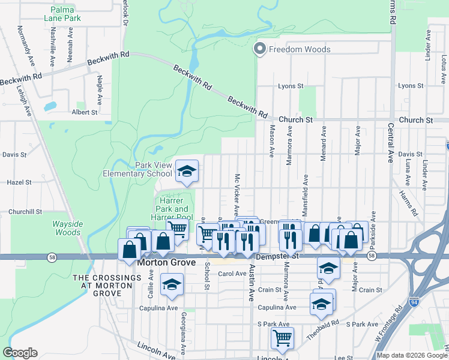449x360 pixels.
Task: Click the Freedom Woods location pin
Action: point(260,49)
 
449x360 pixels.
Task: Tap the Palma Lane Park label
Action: point(66,14)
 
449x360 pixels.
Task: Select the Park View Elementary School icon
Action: point(187,172)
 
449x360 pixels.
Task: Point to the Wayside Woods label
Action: point(63,228)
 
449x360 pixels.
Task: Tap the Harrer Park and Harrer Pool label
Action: point(175,209)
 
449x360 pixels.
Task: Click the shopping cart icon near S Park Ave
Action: point(282,337)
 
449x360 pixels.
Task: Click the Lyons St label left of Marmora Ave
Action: point(291,86)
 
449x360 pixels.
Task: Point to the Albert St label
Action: point(84,112)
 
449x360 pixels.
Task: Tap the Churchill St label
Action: point(25,212)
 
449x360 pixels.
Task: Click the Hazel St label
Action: point(18,182)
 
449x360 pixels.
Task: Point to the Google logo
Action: point(20,353)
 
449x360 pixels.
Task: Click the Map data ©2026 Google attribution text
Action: point(411,355)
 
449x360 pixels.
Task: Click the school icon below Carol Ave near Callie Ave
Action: point(172,284)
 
